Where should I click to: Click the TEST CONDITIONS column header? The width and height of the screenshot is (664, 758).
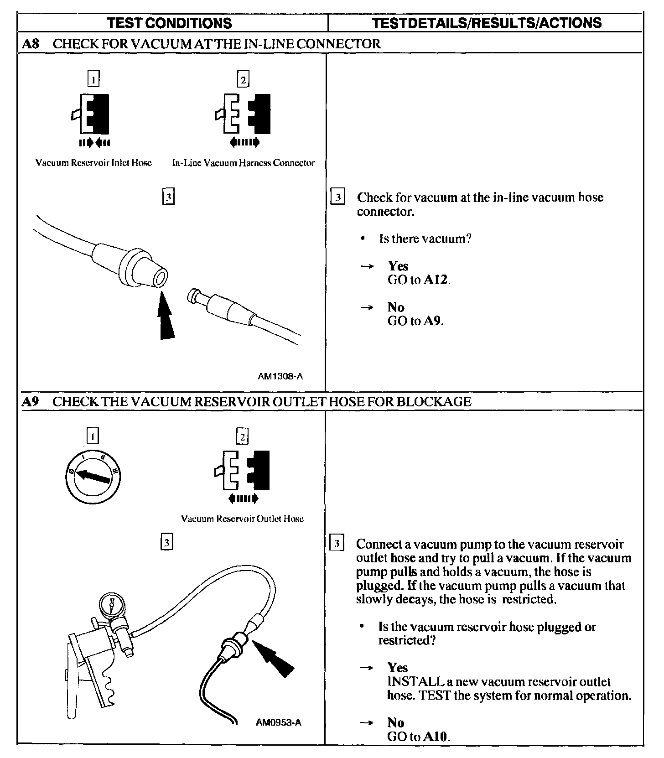point(170,23)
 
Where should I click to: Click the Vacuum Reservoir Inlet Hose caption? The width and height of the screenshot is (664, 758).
point(93,163)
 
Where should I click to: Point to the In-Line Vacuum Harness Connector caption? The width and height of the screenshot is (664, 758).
point(243,163)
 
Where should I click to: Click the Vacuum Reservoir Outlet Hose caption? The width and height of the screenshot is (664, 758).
point(242,519)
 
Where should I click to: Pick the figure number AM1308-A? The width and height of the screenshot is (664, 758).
point(280,376)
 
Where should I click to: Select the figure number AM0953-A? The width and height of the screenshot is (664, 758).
point(279,722)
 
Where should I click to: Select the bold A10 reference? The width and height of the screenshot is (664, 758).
point(436,736)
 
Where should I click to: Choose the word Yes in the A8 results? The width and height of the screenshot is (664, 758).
point(398,266)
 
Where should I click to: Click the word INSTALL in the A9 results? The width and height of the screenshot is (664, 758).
point(414,681)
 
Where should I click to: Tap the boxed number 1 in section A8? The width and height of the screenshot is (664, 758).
point(93,79)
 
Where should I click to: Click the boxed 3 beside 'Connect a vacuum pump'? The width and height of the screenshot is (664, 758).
point(336,544)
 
